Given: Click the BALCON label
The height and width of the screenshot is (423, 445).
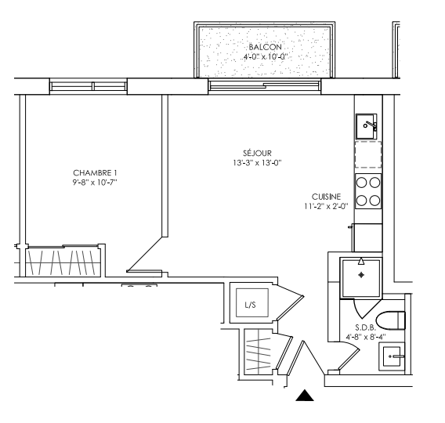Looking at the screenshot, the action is click(265, 47).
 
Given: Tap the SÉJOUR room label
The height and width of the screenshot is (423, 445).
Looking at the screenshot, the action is click(257, 154).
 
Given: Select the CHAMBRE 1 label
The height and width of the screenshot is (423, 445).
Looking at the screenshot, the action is click(95, 173).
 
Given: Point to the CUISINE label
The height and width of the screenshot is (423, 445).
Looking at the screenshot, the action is click(326, 197).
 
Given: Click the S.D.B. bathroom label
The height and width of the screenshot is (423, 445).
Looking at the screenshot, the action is click(366, 327).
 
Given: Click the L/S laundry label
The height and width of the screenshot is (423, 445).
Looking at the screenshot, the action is click(251, 305).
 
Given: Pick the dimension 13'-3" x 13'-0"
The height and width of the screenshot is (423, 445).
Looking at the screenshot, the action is click(257, 163).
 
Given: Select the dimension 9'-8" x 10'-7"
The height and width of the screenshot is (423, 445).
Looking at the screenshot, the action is click(95, 183).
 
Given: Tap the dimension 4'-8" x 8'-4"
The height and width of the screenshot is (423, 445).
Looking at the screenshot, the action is click(366, 337).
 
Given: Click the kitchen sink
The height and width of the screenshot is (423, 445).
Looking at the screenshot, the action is click(367, 127).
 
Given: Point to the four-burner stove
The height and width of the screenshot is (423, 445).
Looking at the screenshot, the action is click(368, 191).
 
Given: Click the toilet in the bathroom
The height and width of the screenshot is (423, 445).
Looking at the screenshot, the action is click(390, 320).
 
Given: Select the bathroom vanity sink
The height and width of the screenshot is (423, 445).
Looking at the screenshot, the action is click(392, 356).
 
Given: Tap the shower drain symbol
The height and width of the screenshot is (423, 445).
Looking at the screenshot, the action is click(361, 275).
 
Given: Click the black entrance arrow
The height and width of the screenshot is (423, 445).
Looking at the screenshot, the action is click(305, 396).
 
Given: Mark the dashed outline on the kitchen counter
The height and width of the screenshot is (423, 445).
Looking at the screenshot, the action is click(368, 154).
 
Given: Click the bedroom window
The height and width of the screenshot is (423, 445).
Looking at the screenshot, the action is click(89, 86).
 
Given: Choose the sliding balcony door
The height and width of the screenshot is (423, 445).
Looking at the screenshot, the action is click(265, 85).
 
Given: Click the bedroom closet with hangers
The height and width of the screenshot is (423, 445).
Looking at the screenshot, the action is click(63, 262).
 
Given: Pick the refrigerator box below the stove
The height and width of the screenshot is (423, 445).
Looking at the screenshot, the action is click(367, 237).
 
